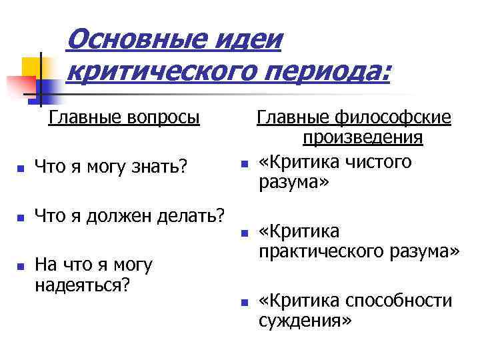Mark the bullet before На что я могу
pos(21,267)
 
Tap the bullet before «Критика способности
pos(245,303)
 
